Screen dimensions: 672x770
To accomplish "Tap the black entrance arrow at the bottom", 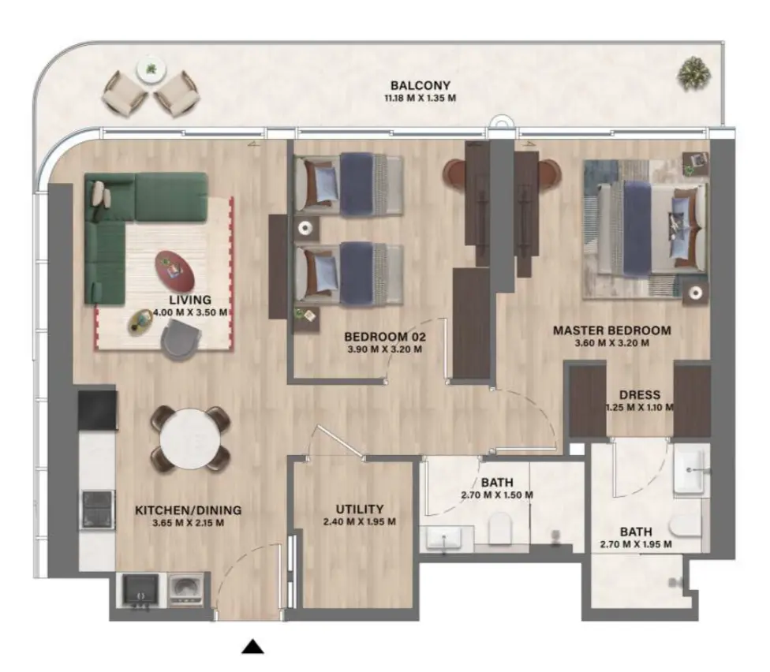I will [252, 647].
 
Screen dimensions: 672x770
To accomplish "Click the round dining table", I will [190, 438].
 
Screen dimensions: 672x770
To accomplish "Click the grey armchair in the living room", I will [181, 342].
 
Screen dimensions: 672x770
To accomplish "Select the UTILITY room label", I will [359, 509].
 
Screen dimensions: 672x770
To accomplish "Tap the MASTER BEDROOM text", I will [611, 330].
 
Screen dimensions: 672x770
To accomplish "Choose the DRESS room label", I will [640, 395].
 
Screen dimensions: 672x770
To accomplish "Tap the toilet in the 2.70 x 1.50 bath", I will [500, 529].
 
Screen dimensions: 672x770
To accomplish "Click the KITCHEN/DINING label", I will [188, 510].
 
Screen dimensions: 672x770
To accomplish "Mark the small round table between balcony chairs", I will [149, 70].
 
